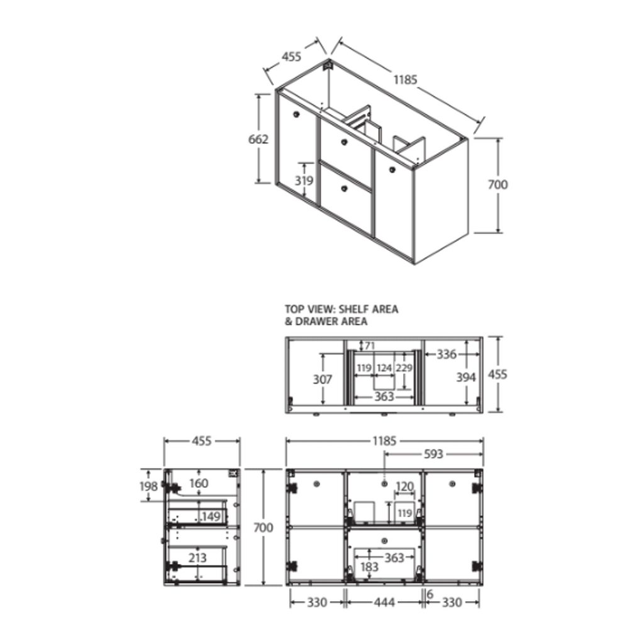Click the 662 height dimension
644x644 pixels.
[x=258, y=139]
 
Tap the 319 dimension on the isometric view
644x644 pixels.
[x=304, y=180]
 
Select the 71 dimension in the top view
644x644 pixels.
[x=370, y=346]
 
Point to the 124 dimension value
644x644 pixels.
[x=384, y=368]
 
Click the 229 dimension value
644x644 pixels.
[x=404, y=368]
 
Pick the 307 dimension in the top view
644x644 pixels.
[x=323, y=379]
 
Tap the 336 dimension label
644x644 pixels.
[x=447, y=354]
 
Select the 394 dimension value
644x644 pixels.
[x=466, y=377]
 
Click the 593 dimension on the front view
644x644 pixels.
[x=433, y=454]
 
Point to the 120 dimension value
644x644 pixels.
[x=404, y=487]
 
